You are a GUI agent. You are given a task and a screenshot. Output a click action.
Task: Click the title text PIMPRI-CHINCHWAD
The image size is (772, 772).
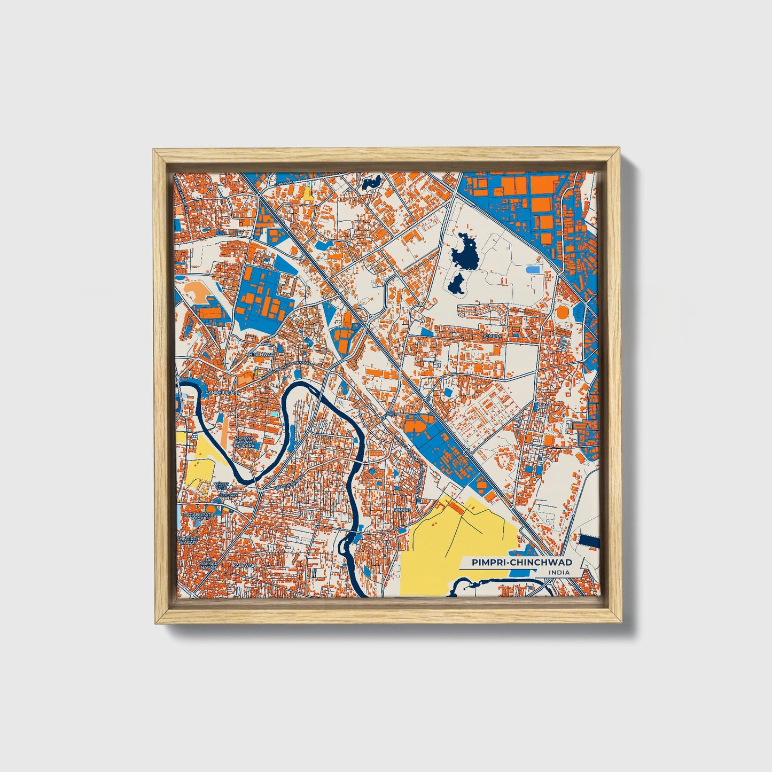[x=521, y=562]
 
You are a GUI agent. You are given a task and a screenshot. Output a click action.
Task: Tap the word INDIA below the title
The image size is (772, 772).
[x=558, y=573]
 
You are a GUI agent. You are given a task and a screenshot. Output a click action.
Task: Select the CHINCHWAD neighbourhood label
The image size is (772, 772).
[x=260, y=354]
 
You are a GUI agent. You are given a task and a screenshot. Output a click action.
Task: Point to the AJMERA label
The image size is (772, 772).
[x=492, y=337]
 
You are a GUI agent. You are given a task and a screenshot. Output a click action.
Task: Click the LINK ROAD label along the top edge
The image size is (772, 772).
[x=285, y=183]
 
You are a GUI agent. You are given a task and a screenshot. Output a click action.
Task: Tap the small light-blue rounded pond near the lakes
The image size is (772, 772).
[x=532, y=270]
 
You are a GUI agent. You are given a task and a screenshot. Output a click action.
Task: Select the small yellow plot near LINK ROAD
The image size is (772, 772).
[x=308, y=193]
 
